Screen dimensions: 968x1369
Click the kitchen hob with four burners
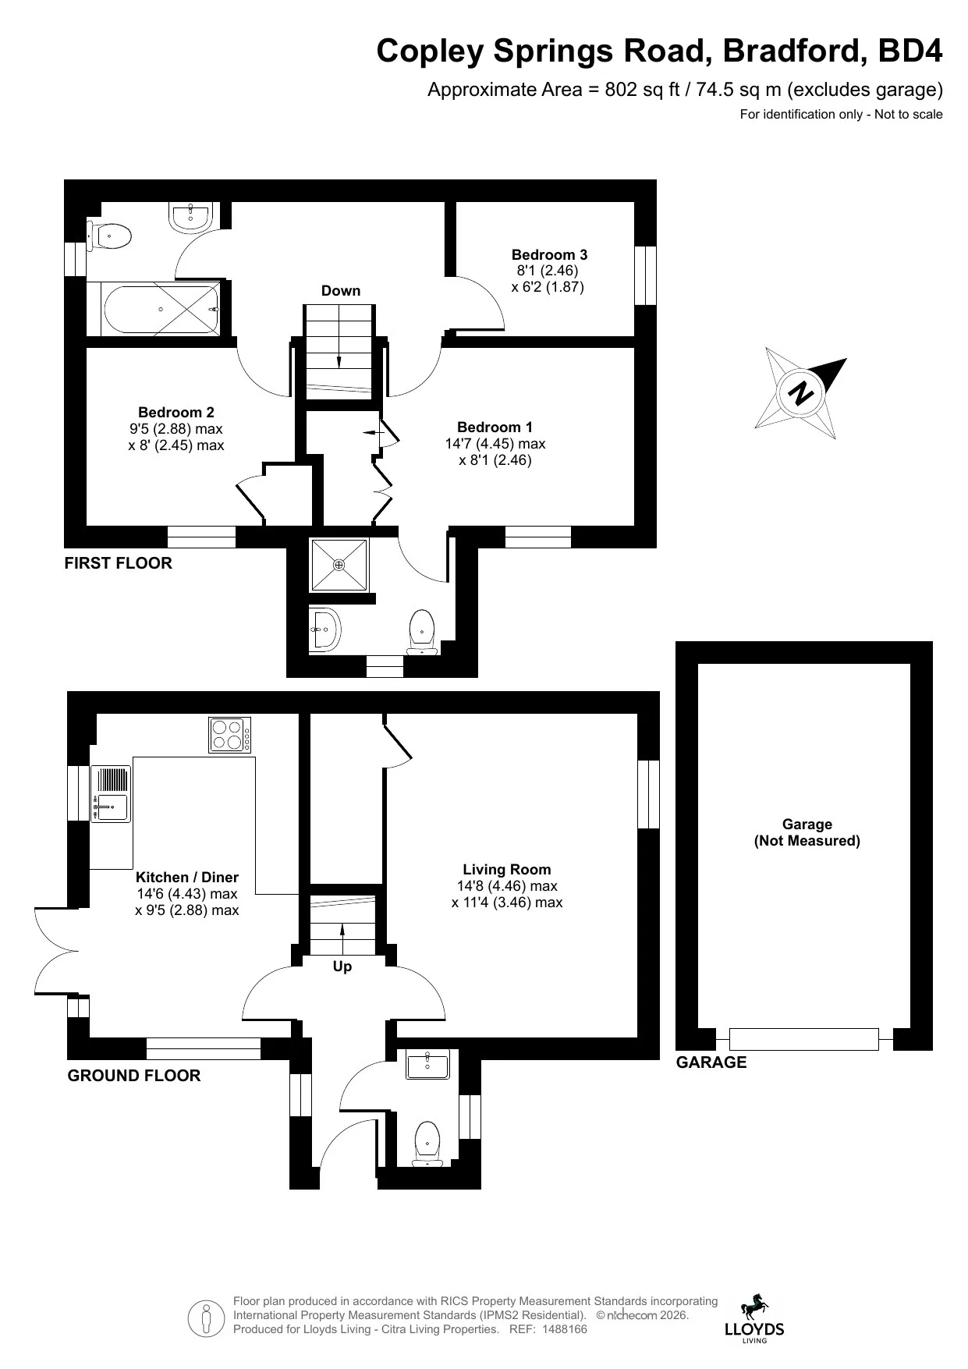coord(230,734)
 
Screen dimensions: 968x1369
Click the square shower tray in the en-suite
coord(339,564)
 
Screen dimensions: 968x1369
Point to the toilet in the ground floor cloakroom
coord(427,1144)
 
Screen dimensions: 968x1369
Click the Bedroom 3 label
coord(549,254)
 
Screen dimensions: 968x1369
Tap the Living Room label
coord(507,869)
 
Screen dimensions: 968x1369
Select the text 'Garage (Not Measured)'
coord(807,832)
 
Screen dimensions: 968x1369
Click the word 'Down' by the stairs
coord(341,291)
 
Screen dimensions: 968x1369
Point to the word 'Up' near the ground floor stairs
coord(342,966)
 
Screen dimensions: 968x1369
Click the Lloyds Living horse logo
coord(754,1318)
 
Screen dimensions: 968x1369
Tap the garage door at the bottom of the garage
coord(803,1039)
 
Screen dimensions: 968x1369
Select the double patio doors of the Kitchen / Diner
coord(56,952)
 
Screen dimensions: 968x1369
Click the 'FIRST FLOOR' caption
coord(118,563)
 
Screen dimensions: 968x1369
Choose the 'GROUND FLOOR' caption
coord(134,1076)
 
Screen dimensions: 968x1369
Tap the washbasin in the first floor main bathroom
coord(190,217)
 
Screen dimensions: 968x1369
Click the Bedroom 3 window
coord(645,275)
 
